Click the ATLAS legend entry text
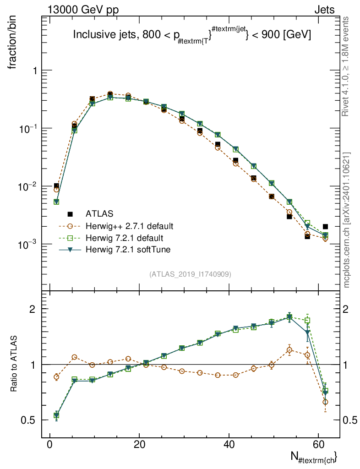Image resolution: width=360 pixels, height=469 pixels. coord(99,213)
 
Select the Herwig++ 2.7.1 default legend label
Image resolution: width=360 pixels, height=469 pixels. coord(130,226)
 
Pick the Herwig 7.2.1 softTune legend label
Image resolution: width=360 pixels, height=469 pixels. coord(127,250)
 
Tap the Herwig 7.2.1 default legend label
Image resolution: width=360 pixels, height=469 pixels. coord(125,238)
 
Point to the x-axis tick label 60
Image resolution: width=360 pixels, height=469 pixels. coord(319,445)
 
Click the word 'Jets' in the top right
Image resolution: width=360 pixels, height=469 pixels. coord(324,10)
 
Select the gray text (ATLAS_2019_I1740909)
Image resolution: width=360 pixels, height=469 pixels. coord(190,274)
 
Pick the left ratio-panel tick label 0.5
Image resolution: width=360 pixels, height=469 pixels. coord(32,420)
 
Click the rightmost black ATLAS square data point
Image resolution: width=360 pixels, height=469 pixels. coord(325,226)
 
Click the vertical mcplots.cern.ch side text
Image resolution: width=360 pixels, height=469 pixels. coord(347,220)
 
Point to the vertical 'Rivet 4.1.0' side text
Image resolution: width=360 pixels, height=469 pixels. coord(347,66)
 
